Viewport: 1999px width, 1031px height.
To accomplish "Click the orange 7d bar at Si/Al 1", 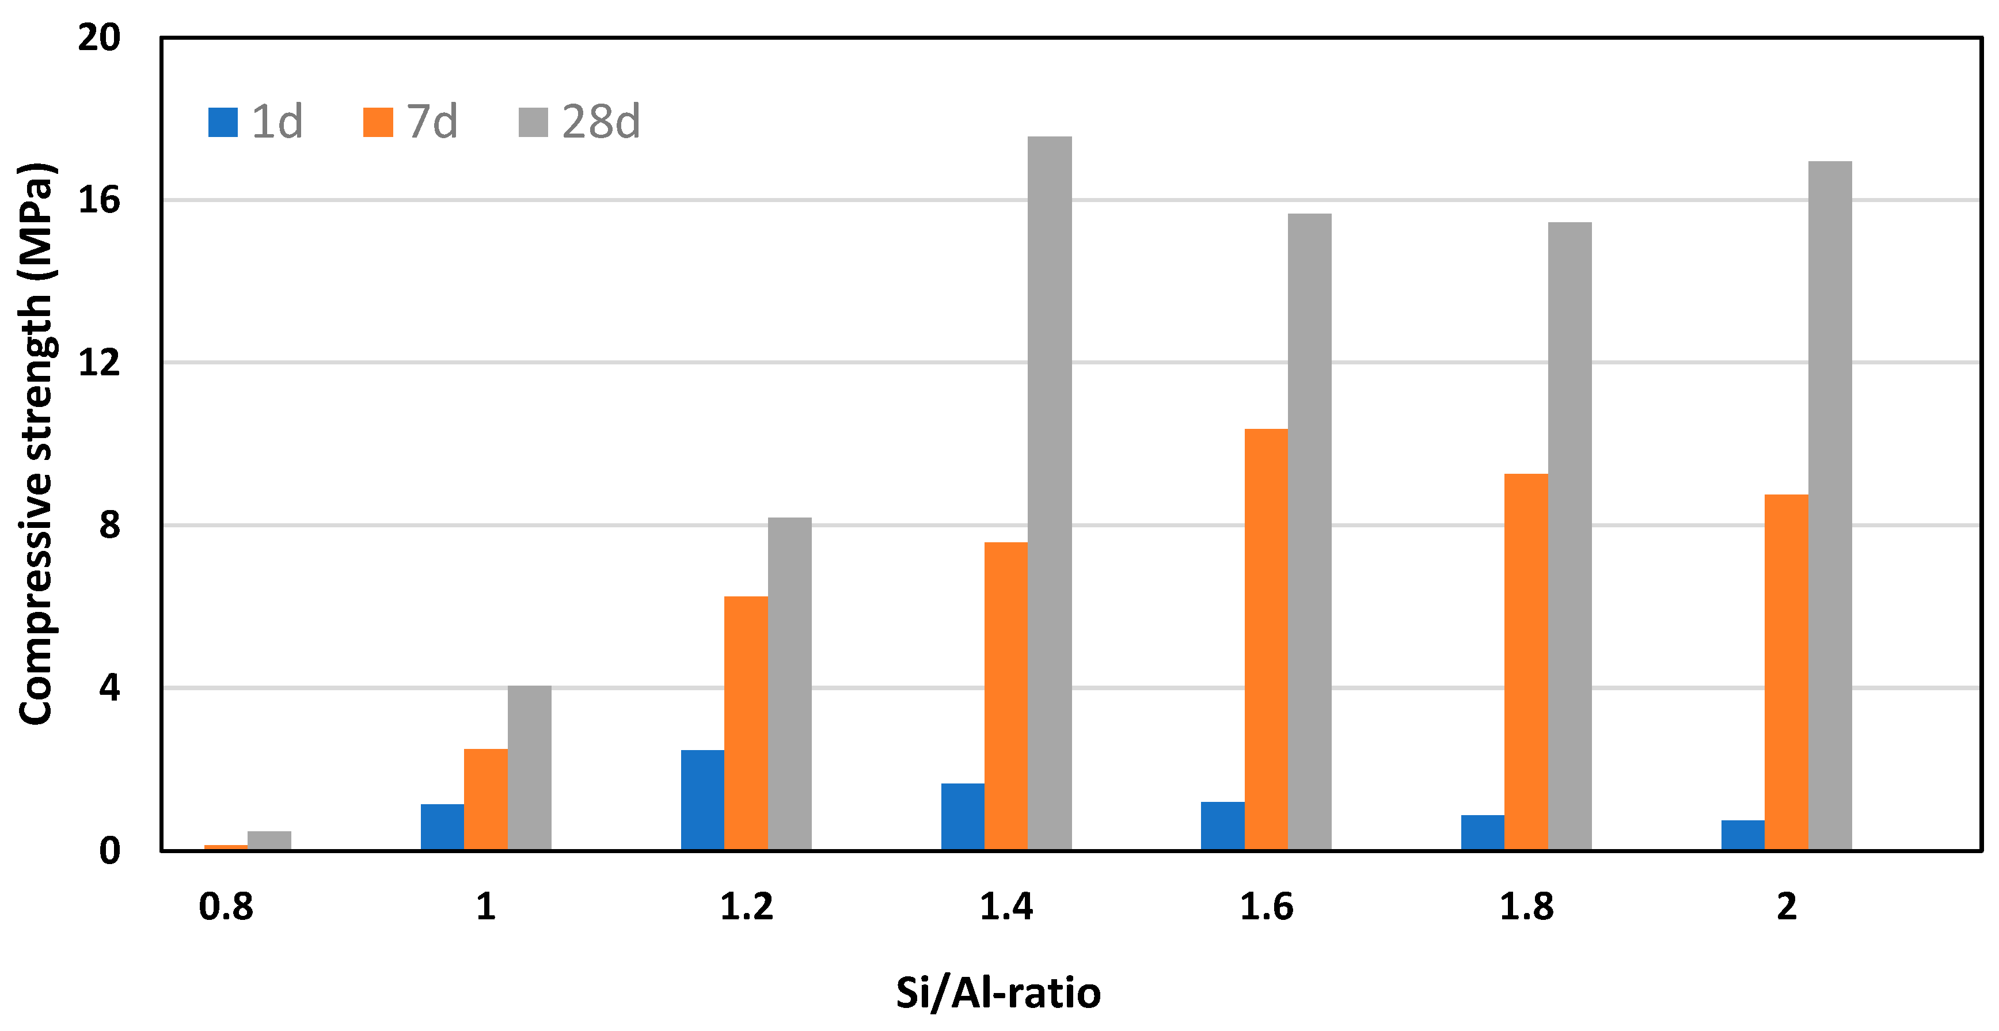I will [x=486, y=799].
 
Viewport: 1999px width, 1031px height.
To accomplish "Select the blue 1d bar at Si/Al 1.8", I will [x=1482, y=832].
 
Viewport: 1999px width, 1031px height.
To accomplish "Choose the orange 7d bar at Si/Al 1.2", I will [x=746, y=723].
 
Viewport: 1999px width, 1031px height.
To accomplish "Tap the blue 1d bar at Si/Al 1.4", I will [x=962, y=817].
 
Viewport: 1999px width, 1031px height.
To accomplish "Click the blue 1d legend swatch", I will [x=223, y=122].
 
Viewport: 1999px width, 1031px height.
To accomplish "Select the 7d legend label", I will [x=432, y=122].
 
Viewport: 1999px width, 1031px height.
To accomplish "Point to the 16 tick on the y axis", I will [x=100, y=200].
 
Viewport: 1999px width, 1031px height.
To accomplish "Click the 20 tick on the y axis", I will [x=100, y=37].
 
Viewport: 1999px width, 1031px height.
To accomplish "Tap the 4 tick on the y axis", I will [x=109, y=687].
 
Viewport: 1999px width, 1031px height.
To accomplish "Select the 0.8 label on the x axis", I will [x=226, y=907].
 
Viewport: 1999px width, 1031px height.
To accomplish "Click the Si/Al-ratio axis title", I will [x=998, y=993].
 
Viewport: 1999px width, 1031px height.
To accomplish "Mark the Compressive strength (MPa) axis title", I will [x=36, y=444].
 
